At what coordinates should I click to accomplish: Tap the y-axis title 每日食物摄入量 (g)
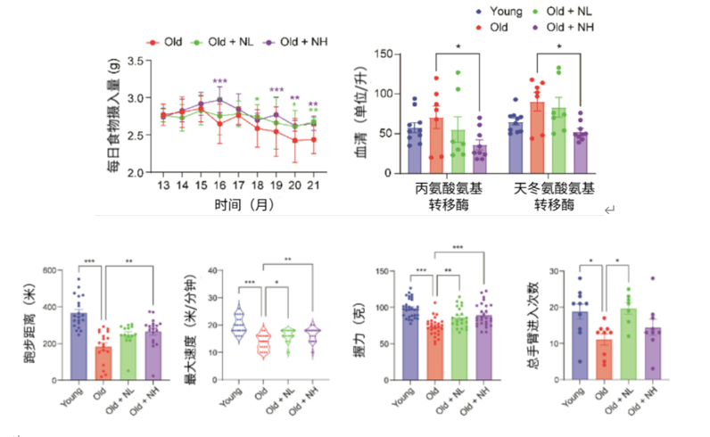[x=114, y=116]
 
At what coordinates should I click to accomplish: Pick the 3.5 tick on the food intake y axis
[x=136, y=61]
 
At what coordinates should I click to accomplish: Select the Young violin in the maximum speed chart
[x=236, y=325]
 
